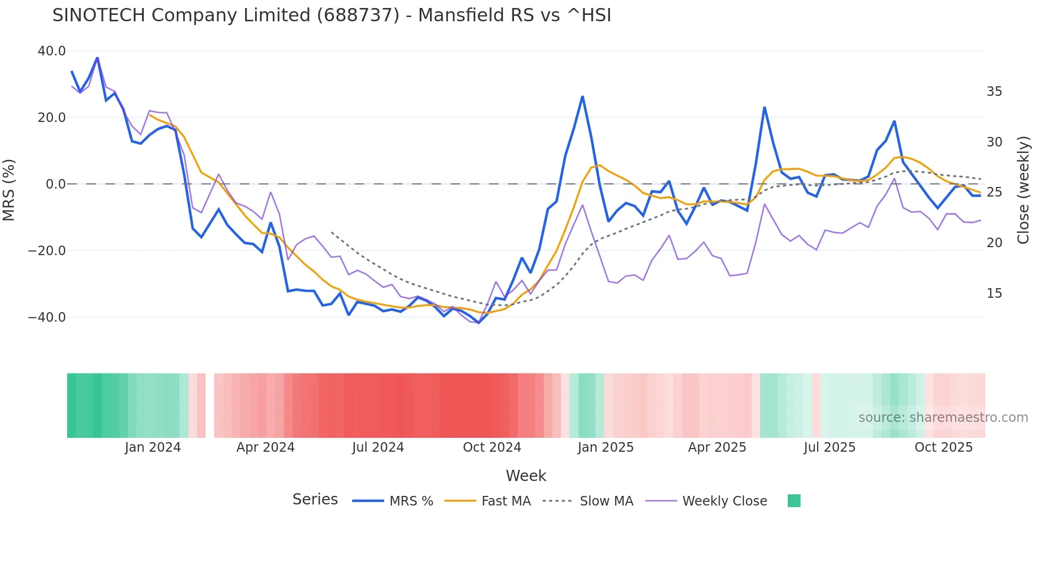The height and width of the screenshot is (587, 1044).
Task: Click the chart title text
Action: [331, 15]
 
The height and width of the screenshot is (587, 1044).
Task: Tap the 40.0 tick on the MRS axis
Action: [52, 51]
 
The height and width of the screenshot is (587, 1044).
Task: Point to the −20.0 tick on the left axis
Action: [47, 250]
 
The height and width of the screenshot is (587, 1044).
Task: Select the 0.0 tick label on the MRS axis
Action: [55, 184]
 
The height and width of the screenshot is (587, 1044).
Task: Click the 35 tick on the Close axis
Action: [994, 92]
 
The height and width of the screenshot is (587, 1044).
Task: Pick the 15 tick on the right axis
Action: [994, 293]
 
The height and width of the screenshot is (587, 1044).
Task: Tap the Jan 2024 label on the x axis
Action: [153, 447]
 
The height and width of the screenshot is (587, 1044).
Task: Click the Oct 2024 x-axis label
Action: [492, 447]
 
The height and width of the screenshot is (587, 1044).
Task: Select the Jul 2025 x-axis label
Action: [829, 447]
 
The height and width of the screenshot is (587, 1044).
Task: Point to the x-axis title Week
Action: [526, 476]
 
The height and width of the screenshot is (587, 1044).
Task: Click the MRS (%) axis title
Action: [9, 190]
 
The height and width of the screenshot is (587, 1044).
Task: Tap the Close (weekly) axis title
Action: [1023, 190]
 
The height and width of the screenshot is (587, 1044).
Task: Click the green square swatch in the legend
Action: [794, 501]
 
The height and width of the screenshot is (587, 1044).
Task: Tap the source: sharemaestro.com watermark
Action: [943, 418]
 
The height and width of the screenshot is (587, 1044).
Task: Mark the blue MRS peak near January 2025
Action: [583, 97]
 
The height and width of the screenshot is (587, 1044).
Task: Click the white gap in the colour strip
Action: [210, 405]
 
